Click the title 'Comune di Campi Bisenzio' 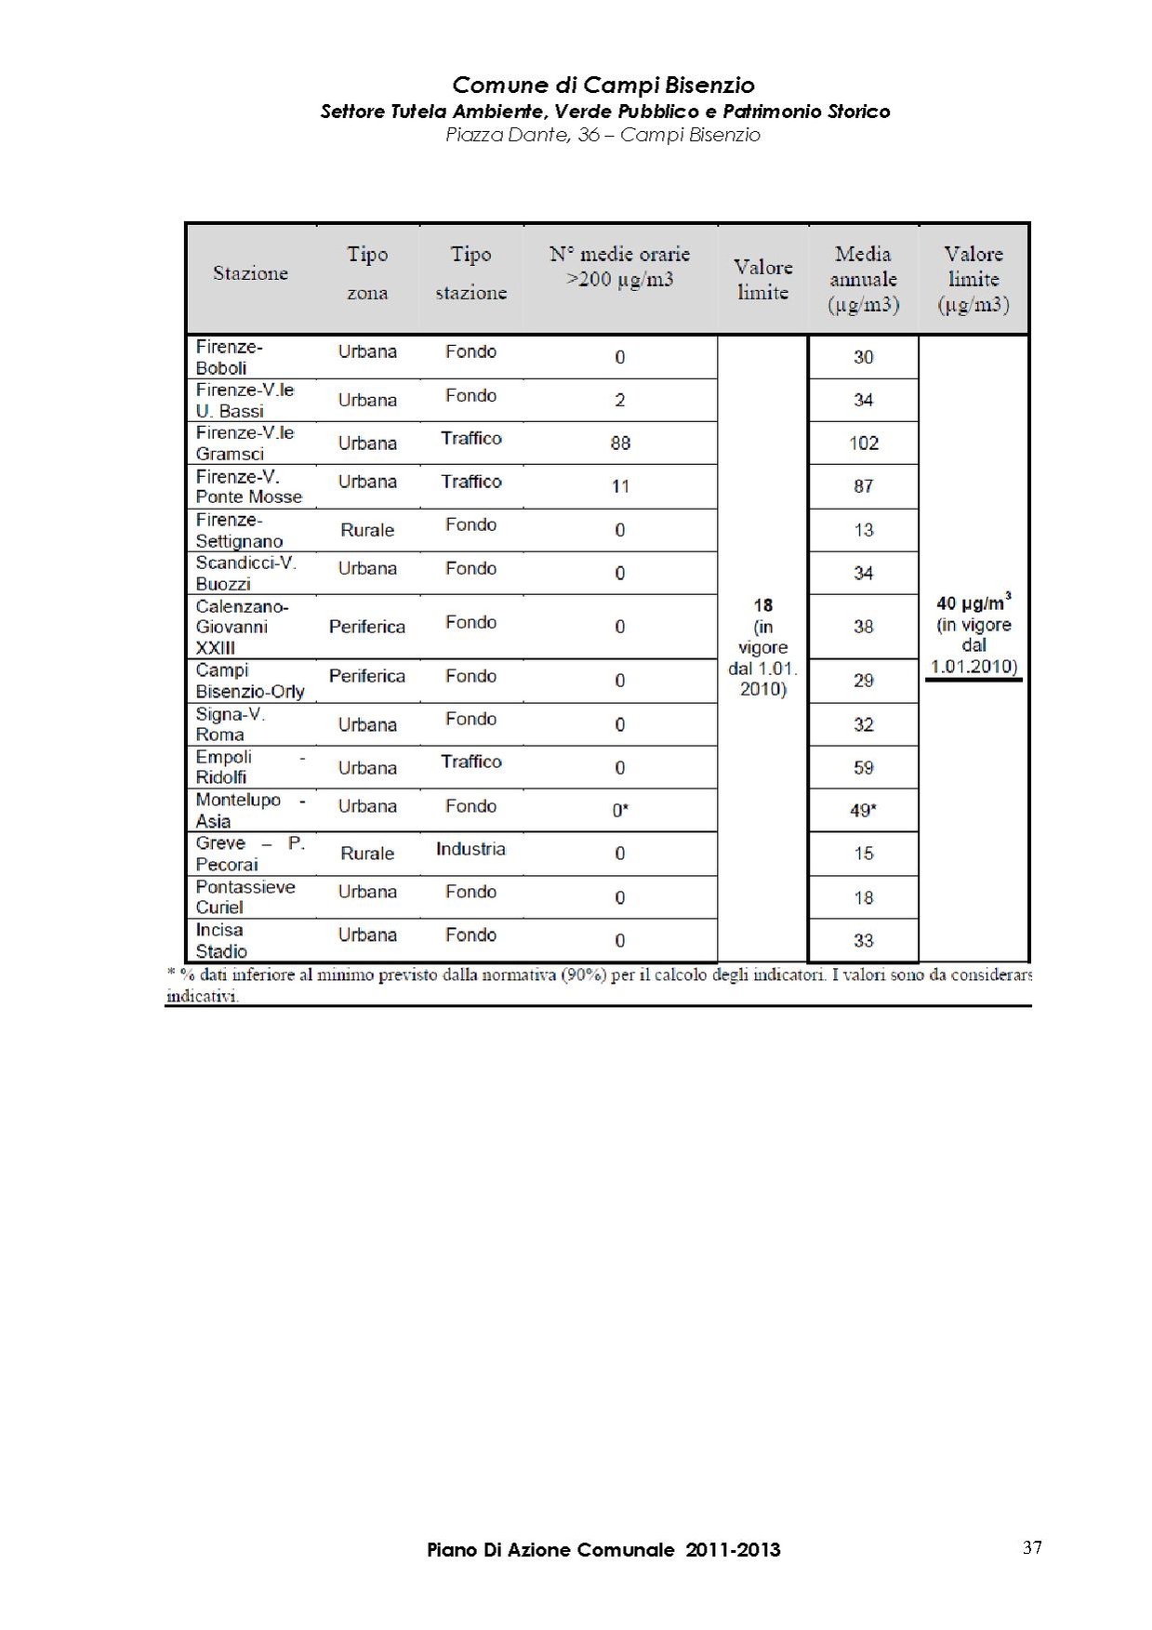point(602,86)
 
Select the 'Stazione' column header point(250,273)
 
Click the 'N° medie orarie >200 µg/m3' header point(619,267)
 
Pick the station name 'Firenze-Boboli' point(229,357)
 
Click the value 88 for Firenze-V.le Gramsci point(620,444)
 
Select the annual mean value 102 point(863,444)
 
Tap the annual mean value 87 point(863,486)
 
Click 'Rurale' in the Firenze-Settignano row point(367,530)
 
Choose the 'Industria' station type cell point(470,849)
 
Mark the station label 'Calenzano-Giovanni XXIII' point(242,627)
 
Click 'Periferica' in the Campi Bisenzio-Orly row point(367,676)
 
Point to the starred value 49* point(863,811)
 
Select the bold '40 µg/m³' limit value point(973,603)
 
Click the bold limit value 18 point(762,605)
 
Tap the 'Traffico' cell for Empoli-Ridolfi point(470,762)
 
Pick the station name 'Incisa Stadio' point(221,940)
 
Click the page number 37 point(1032,1547)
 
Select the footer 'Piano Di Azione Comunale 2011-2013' point(603,1550)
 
